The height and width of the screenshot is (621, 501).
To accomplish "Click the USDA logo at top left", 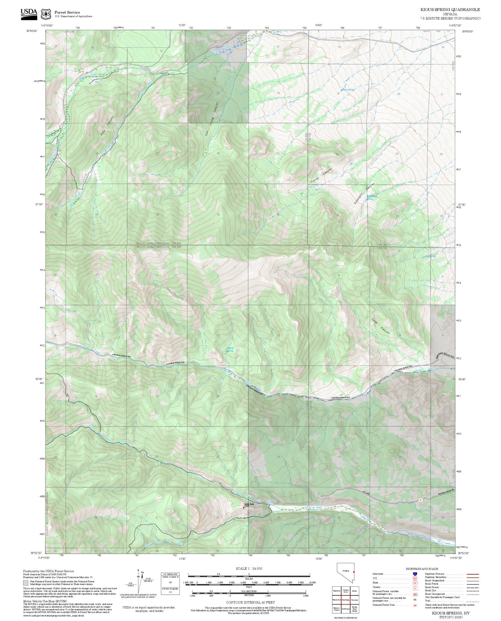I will (x=29, y=14).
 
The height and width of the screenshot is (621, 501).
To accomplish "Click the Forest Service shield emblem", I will (x=46, y=14).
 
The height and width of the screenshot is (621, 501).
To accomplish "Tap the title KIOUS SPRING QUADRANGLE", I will (x=450, y=10).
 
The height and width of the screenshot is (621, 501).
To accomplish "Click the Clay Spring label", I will (x=430, y=256).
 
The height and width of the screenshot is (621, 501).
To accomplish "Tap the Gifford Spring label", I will (x=230, y=349).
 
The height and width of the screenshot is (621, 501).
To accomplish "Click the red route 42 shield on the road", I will (x=421, y=500).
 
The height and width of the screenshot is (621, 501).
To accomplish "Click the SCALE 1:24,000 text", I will (x=249, y=568).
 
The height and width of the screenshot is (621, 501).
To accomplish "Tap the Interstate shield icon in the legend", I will (x=415, y=574).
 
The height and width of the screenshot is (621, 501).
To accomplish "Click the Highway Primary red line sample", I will (x=472, y=574).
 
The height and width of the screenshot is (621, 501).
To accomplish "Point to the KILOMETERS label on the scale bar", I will (x=249, y=591).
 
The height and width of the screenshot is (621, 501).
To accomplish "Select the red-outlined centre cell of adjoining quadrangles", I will (x=345, y=600).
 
